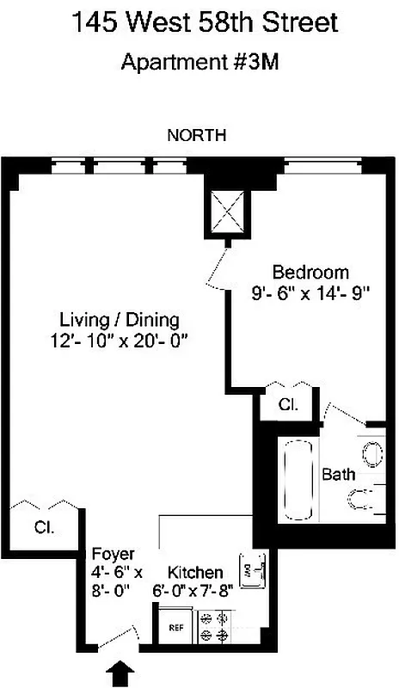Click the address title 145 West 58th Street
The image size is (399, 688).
(x=199, y=25)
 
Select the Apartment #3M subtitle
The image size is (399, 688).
(x=199, y=62)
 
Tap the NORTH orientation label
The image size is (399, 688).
(x=196, y=134)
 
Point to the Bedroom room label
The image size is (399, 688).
(x=310, y=273)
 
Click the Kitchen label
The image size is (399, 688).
(x=195, y=572)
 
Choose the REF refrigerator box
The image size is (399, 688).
(x=175, y=628)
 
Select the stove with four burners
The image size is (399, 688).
(x=212, y=626)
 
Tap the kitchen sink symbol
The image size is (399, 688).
(x=253, y=569)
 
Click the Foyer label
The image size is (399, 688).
(x=112, y=554)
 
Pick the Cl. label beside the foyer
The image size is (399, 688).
(x=43, y=527)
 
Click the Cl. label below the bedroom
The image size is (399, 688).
(x=287, y=403)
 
